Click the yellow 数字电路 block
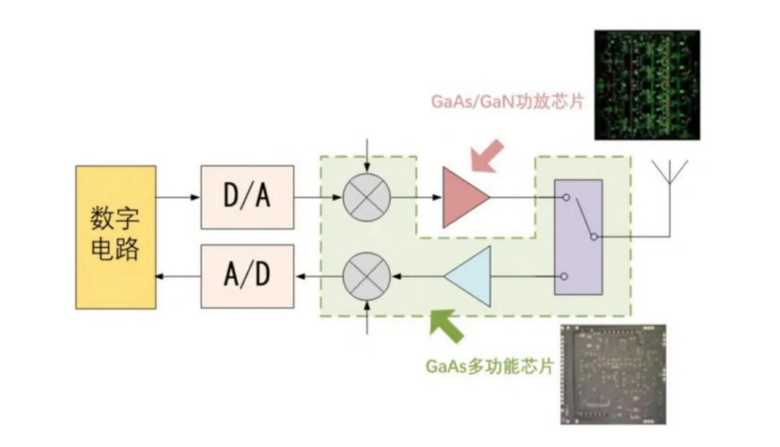(116, 236)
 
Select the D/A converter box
(247, 197)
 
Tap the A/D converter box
(247, 275)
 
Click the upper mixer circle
(365, 198)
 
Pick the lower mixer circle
(365, 276)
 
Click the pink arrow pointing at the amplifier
(488, 156)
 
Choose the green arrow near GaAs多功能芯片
(444, 323)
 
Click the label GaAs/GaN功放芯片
(505, 100)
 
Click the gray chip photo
(613, 374)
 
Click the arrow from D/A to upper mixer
(318, 198)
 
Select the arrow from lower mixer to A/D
(318, 276)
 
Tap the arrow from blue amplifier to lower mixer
(415, 276)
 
